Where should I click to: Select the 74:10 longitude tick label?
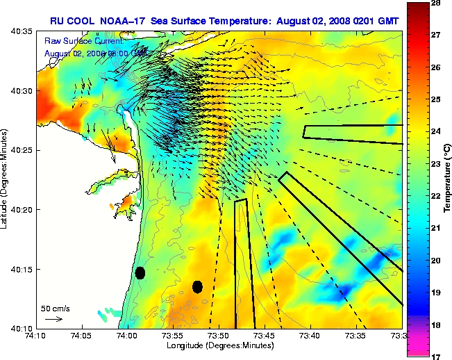pos(35,335)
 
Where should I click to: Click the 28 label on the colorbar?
pos(439,3)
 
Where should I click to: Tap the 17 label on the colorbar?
pos(439,355)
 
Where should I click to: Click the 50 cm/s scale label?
pos(56,308)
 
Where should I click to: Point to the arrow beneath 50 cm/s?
pos(54,319)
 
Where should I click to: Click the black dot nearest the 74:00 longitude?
pos(140,272)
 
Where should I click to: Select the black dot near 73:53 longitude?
pos(198,286)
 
